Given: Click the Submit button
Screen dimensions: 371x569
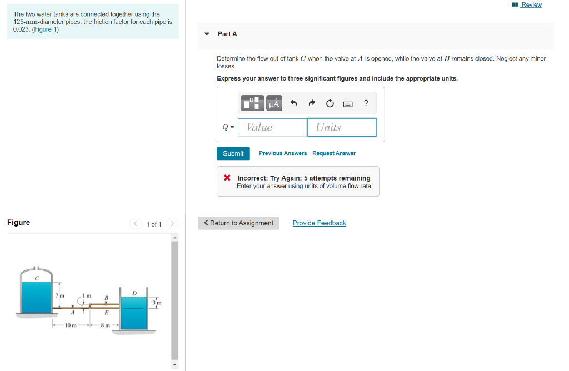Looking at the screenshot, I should click(x=233, y=153).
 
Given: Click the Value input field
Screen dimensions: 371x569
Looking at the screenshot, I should click(x=272, y=127).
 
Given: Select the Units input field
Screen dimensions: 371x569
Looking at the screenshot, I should click(x=342, y=127).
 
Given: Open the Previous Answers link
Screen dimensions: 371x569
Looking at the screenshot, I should click(x=283, y=153).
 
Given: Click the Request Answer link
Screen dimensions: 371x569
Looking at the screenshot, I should click(x=334, y=153).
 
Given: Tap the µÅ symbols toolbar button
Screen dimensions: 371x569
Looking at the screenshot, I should click(x=274, y=103).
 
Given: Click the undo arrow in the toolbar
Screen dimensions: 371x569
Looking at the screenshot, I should click(x=295, y=103).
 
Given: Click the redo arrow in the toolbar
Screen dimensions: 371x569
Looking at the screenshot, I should click(x=312, y=103).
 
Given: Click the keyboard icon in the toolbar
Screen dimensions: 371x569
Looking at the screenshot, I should click(x=348, y=103).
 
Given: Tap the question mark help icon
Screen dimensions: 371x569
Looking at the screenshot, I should click(x=366, y=103).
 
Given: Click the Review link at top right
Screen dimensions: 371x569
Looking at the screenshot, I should click(x=531, y=5).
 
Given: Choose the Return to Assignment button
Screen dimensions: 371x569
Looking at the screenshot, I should click(x=239, y=223).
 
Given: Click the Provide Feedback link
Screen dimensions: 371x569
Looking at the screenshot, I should click(x=319, y=223).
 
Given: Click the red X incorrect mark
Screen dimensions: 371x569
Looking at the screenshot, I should click(x=227, y=178).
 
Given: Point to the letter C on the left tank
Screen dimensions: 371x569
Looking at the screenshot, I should click(x=37, y=278).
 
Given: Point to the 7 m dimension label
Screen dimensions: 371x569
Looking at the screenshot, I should click(x=60, y=295).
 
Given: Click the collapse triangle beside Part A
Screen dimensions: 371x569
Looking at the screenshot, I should click(x=207, y=34).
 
